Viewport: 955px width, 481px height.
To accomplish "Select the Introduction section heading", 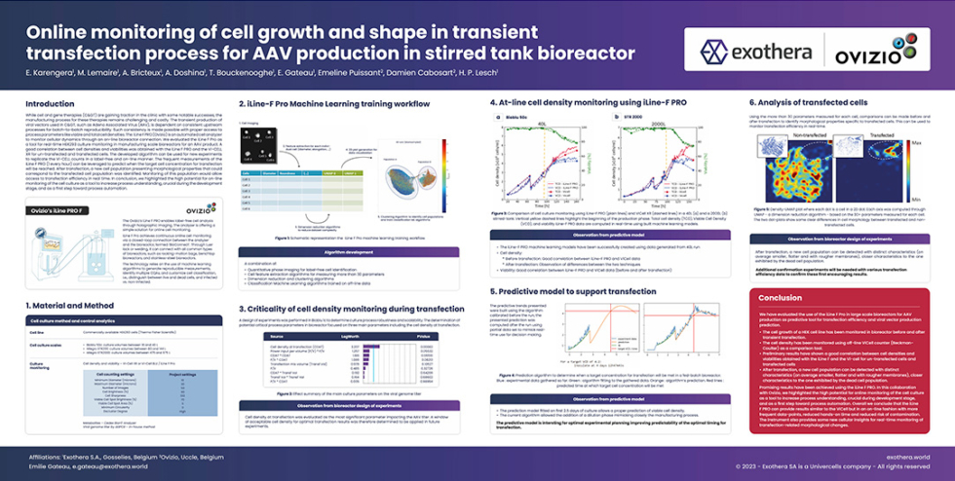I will [x=50, y=103].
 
